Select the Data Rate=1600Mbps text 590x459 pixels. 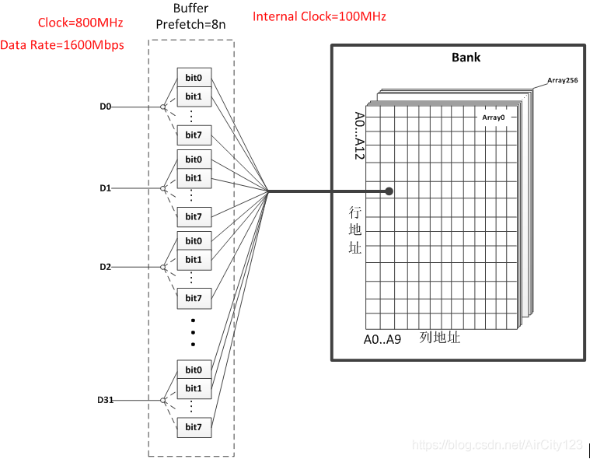click(62, 44)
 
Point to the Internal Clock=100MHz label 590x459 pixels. click(319, 16)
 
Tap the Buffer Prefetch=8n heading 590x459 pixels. click(190, 16)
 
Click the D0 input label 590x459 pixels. click(106, 107)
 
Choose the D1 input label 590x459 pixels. click(106, 188)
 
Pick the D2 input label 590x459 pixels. click(106, 267)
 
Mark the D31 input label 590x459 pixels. click(106, 400)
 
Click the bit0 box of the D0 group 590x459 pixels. click(194, 78)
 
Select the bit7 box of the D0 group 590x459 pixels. click(194, 135)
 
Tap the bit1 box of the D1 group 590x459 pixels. click(194, 178)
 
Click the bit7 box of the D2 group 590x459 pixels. click(194, 298)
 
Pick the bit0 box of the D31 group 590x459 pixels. click(194, 370)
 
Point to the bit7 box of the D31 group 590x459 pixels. click(194, 426)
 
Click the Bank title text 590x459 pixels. click(466, 58)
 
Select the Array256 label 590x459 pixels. click(561, 80)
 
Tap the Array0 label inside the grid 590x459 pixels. click(493, 117)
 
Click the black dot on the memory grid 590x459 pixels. click(389, 191)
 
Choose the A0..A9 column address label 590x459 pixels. click(382, 339)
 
